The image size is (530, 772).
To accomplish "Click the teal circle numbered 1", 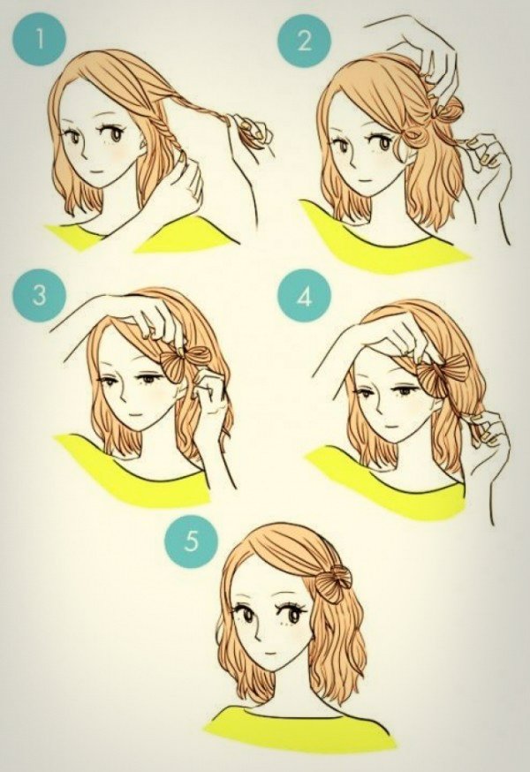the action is point(40,40).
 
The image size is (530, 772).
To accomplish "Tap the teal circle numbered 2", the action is point(304,41).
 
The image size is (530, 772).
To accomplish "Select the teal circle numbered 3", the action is point(40,295).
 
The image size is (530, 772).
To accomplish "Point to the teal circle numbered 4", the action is point(304,296).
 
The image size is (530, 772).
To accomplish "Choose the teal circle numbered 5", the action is point(191,541).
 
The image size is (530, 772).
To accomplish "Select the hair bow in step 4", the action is point(442,375).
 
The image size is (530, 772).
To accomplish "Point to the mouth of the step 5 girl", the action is point(269,653).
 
